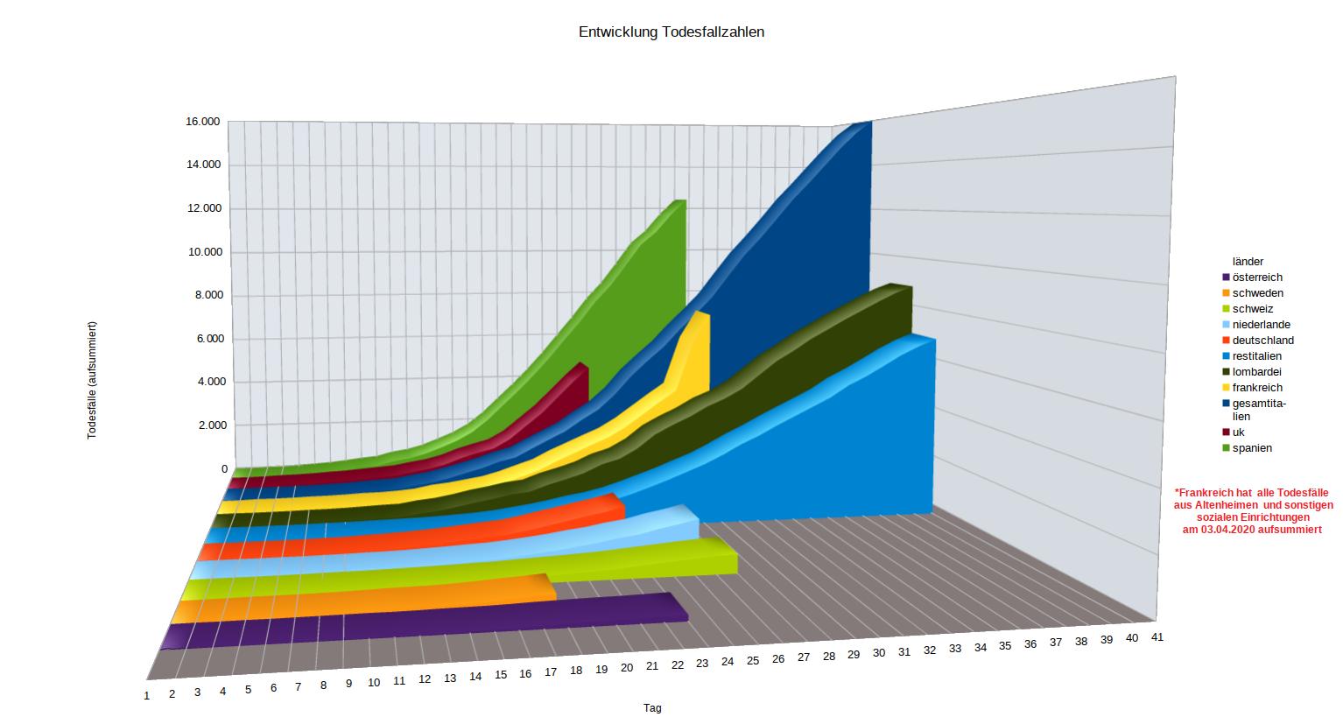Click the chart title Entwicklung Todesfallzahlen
[671, 32]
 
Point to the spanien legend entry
[1252, 448]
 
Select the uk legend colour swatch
[1227, 432]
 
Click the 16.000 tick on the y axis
[203, 122]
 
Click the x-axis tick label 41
[1157, 636]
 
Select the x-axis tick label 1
[147, 695]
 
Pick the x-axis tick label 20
[627, 668]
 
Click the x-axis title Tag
[652, 708]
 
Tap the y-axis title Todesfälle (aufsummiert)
[92, 381]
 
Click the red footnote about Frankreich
[1253, 511]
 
